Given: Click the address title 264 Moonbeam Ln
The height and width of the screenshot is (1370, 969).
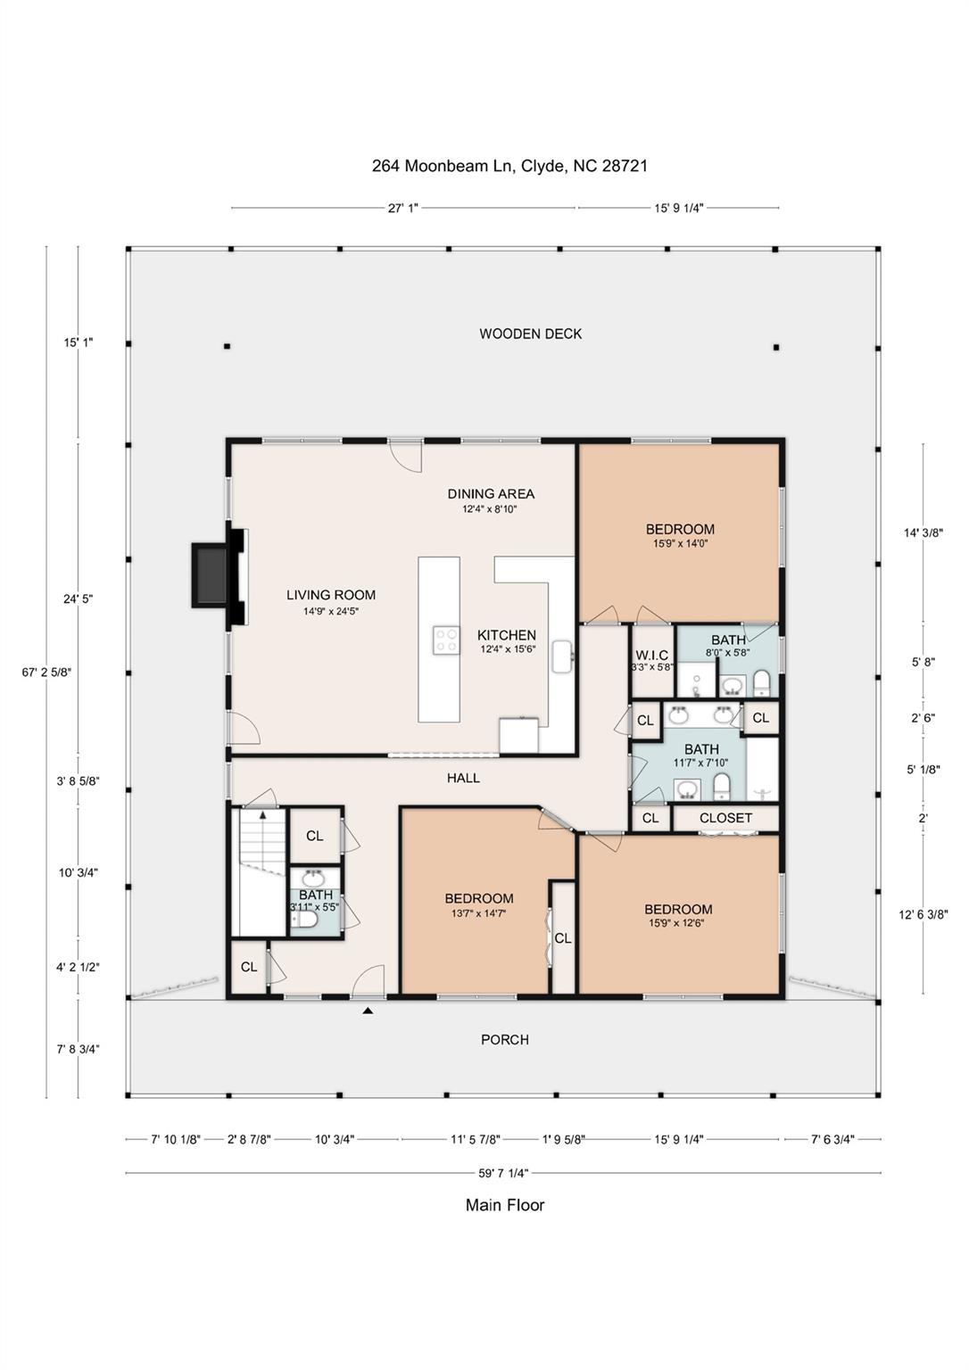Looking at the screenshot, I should (509, 166).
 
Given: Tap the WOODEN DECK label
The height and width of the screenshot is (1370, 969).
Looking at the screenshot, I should (530, 334).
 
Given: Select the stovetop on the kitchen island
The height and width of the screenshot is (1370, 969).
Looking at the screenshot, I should (446, 640).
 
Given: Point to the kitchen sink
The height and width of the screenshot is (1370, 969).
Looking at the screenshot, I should (562, 656).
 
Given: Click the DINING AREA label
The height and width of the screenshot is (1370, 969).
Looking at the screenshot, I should (491, 493).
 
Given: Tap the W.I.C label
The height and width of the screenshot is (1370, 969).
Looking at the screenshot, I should (651, 655).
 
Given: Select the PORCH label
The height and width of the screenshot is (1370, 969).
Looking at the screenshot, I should (505, 1040).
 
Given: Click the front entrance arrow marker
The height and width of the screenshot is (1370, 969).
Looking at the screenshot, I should (368, 1011).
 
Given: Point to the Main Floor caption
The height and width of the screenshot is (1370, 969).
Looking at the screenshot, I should (505, 1205).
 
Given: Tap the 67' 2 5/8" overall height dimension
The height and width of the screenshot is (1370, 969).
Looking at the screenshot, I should (47, 673).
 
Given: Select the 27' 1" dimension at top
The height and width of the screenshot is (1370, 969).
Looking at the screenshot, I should (402, 208).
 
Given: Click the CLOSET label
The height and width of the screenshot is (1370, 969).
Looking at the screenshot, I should (725, 818).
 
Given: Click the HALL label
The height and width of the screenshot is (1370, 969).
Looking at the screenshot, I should (463, 778).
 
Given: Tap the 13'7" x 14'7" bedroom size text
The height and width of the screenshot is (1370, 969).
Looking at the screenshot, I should (479, 913).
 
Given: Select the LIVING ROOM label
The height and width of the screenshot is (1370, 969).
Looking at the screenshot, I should (331, 595).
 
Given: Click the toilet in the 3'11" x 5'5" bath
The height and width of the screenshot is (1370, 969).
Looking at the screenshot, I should (304, 919).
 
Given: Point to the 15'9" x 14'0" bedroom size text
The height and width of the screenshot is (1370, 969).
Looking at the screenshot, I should (680, 543).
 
